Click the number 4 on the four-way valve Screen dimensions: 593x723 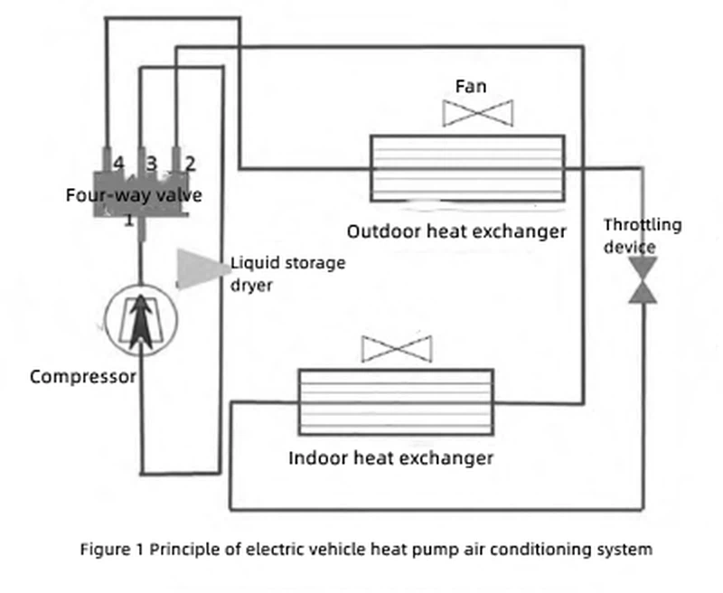tap(118, 164)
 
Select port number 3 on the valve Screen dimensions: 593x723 tap(152, 164)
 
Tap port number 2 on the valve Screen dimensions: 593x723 tap(190, 164)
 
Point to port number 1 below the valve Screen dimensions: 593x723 tap(129, 220)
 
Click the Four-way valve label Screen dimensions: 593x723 tap(134, 195)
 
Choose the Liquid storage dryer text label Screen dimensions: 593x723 tap(287, 272)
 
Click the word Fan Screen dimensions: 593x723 tap(470, 87)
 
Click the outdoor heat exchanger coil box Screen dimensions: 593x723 tap(467, 167)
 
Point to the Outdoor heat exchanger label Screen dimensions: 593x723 tap(457, 231)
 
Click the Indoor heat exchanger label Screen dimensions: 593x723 tap(390, 457)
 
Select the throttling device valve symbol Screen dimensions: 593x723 tap(644, 279)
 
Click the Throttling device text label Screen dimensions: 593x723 tap(643, 236)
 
